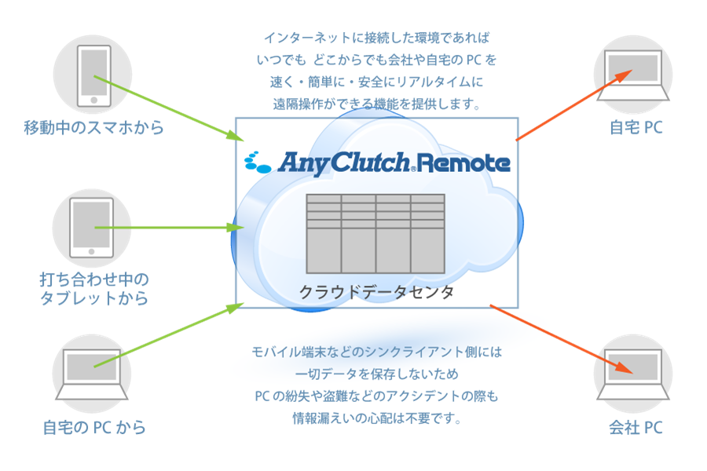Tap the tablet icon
coord(92,227)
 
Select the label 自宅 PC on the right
coord(636,127)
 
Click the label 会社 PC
coord(636,428)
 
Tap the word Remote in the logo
coord(464,162)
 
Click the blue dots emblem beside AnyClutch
coord(258,161)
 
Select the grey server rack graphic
coord(375,233)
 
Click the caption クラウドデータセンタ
coord(376,293)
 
